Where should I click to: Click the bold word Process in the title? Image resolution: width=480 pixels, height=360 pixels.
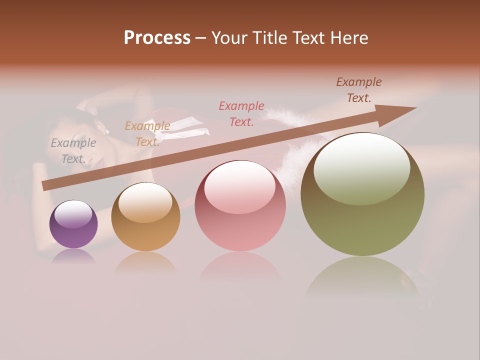tap(157, 38)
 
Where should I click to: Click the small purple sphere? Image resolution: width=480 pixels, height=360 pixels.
tap(73, 224)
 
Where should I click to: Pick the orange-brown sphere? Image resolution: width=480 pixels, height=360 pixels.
tap(145, 217)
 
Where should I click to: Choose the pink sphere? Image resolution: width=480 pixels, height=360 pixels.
tap(240, 206)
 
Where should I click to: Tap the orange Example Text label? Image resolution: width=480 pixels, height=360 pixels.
tap(147, 134)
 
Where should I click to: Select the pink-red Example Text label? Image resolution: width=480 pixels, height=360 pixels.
tap(241, 113)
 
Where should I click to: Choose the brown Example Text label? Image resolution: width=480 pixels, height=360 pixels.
tap(359, 90)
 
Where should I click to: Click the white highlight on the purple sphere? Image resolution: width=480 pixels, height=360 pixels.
tap(73, 213)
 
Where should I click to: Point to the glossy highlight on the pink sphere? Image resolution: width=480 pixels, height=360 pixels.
tap(239, 186)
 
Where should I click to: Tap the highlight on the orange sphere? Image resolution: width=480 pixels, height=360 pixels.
tap(145, 202)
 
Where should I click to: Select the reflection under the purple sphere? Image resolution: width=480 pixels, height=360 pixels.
tap(73, 256)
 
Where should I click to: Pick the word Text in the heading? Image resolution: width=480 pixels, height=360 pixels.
tap(309, 38)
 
